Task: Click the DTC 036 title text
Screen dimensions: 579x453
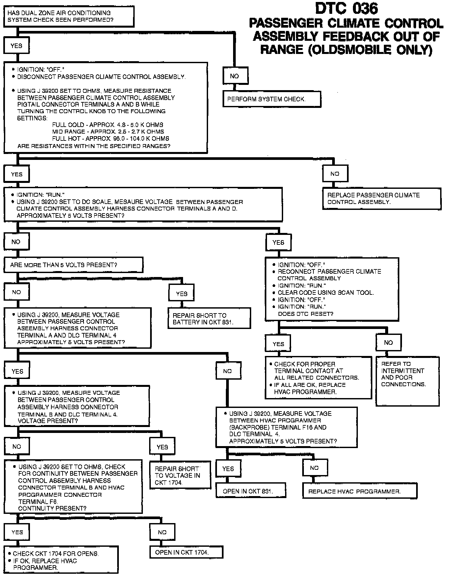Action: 346,9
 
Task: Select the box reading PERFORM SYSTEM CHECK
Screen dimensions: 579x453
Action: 272,99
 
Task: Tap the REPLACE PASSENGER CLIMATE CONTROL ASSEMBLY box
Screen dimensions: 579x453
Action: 382,199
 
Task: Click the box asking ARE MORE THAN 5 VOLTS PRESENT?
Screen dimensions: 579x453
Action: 73,265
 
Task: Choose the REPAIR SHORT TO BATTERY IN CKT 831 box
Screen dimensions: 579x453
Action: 209,318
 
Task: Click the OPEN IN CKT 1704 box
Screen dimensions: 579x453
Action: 186,552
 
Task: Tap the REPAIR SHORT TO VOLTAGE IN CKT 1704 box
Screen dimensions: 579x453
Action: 180,475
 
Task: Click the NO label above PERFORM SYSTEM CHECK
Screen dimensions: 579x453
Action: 235,76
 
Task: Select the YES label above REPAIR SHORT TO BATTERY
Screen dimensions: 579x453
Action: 181,293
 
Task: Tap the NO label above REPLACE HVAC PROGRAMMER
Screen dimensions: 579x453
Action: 314,468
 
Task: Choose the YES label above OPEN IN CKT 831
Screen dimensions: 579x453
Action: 228,468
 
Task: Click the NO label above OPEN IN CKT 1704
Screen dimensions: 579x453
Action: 162,532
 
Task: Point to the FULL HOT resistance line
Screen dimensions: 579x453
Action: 110,138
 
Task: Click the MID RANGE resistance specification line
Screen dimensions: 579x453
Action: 108,132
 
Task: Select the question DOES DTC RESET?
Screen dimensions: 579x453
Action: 306,314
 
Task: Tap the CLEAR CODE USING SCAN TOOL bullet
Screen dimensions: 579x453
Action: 326,292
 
